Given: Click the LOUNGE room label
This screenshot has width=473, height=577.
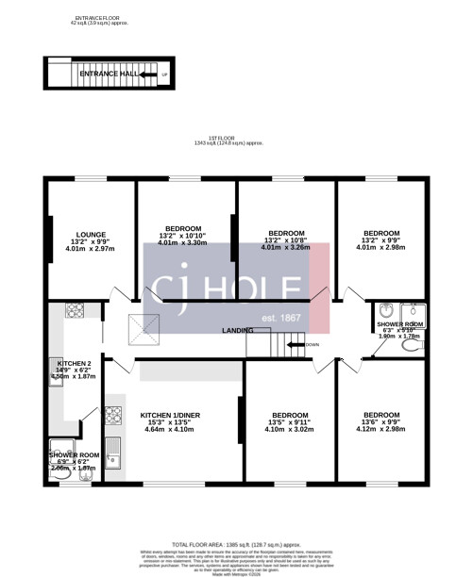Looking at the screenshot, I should click(x=91, y=234).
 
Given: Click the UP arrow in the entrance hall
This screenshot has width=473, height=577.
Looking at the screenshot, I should click(x=164, y=74).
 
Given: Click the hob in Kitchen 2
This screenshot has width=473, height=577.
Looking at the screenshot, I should click(x=75, y=310).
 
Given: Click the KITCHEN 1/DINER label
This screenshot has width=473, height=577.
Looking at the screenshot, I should click(x=170, y=415).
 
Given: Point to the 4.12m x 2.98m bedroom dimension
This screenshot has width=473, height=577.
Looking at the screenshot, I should click(x=381, y=430).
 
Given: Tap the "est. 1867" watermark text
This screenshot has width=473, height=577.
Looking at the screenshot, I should click(x=281, y=318).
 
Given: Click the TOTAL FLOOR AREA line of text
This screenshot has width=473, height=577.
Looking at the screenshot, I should click(x=236, y=545).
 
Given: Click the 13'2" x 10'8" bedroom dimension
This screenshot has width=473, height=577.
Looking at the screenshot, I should click(x=286, y=239).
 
